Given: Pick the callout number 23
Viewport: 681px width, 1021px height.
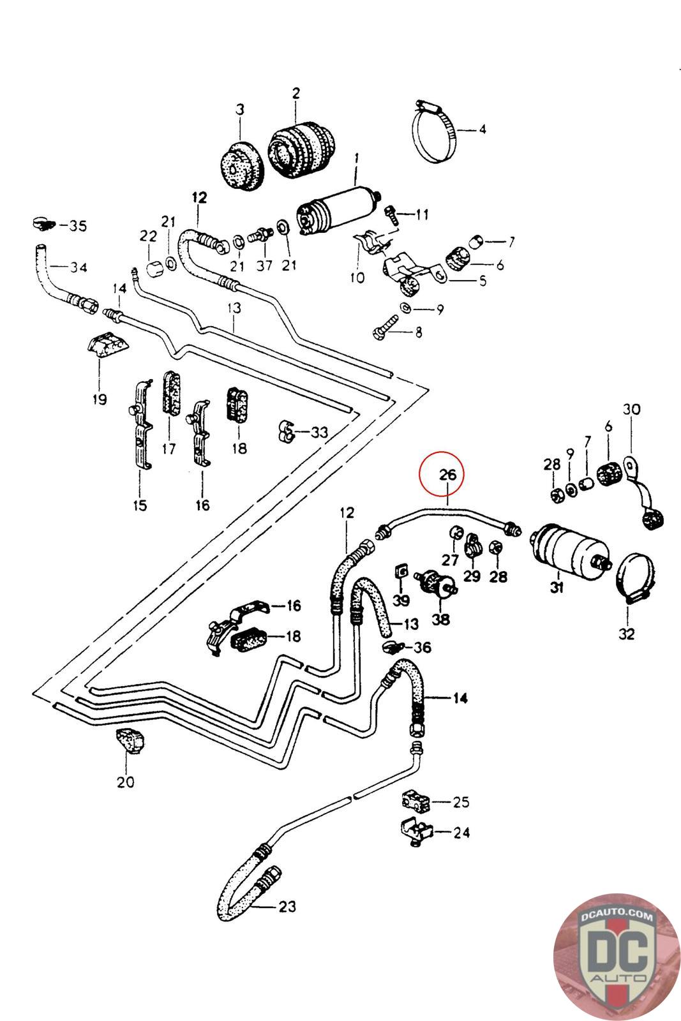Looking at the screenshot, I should coord(288,906).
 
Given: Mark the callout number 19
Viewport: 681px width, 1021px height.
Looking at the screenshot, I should coord(99,400).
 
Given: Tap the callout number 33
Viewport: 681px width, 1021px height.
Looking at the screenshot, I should coord(319,433).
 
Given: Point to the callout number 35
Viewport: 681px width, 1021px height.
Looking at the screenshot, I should coord(78,226).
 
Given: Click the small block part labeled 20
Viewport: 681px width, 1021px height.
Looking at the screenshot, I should coord(130,742).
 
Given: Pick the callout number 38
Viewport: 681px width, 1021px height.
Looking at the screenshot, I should coord(440,619).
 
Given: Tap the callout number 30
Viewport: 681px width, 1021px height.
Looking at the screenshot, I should coord(631,409).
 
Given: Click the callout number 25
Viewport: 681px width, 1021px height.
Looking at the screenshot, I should coord(461,801).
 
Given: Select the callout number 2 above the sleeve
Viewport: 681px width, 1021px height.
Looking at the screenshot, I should coord(296,93).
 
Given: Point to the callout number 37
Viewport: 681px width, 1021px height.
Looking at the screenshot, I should coord(264,266).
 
